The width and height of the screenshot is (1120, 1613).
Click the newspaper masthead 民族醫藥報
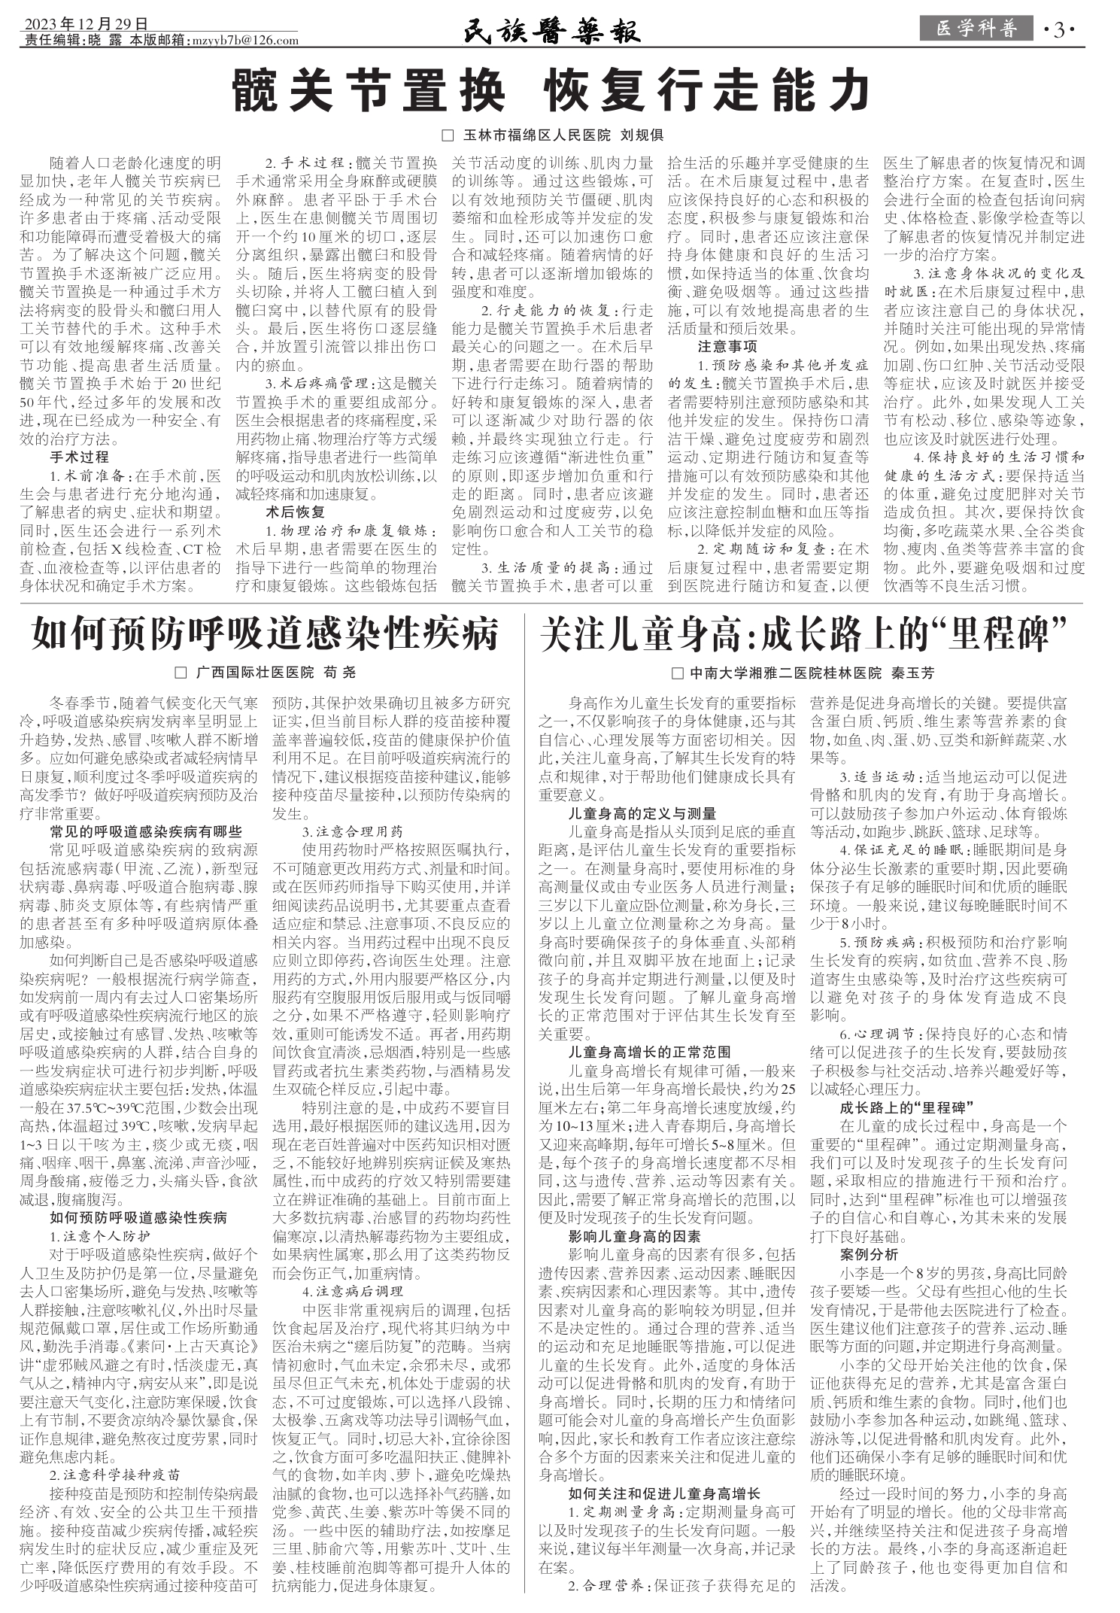(x=551, y=31)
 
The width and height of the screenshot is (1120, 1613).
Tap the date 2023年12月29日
(x=85, y=24)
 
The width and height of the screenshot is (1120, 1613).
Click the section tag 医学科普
(x=976, y=29)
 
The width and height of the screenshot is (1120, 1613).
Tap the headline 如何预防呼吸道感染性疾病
(x=265, y=634)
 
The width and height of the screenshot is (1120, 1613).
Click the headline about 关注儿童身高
(x=804, y=634)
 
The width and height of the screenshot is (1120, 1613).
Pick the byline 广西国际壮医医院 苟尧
(x=265, y=673)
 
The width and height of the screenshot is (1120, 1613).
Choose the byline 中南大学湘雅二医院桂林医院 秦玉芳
(x=803, y=673)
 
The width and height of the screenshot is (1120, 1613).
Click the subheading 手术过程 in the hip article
(x=80, y=457)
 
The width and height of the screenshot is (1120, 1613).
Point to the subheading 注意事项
(x=727, y=346)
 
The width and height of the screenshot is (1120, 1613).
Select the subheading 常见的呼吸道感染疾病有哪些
(x=146, y=831)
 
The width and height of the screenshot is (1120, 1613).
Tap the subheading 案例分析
(x=869, y=1254)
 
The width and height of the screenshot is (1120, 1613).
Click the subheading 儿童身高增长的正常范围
(x=650, y=1052)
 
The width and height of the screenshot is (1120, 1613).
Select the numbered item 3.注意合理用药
(x=353, y=831)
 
